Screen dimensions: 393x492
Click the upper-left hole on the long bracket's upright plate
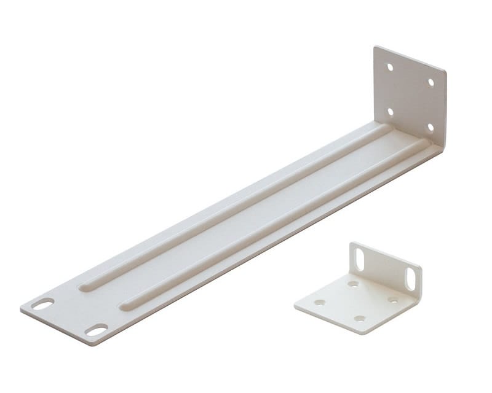tap(389, 66)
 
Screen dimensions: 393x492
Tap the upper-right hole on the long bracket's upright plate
tap(430, 82)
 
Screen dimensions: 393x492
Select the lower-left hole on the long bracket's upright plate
tap(390, 111)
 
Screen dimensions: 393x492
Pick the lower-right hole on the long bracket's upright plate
tap(430, 127)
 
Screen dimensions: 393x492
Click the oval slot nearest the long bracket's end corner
tap(43, 304)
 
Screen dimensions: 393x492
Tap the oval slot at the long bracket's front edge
tap(96, 330)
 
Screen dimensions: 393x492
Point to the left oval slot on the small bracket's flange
tap(360, 260)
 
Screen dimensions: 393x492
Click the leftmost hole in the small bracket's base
tap(320, 302)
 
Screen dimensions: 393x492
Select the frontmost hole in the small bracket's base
tap(360, 318)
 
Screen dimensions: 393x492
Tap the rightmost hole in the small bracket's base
tap(392, 300)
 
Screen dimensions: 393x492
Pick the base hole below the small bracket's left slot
tap(353, 284)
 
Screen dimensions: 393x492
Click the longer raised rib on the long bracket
tap(234, 208)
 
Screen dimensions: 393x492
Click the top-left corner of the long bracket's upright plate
tap(375, 47)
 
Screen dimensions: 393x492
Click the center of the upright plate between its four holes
tap(410, 97)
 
